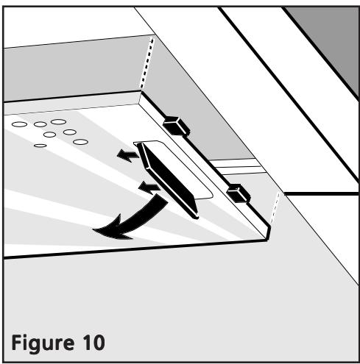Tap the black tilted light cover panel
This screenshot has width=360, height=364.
point(169,180)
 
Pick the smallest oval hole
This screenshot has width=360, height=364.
point(40,146)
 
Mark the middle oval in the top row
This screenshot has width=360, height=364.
point(40,124)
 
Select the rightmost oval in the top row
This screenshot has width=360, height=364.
point(58,121)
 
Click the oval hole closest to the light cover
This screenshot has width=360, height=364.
point(80,141)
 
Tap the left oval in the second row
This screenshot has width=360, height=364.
point(50,135)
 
